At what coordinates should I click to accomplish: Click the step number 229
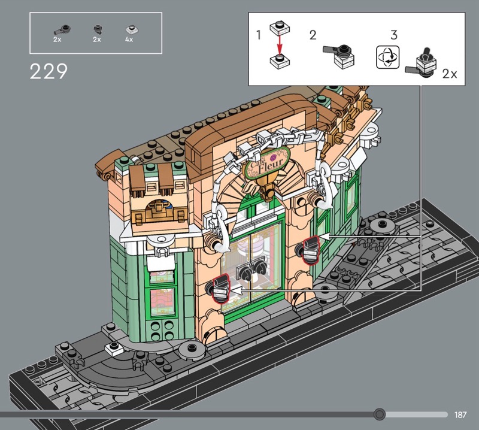pyautogui.click(x=48, y=71)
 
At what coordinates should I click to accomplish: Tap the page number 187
pyautogui.click(x=460, y=414)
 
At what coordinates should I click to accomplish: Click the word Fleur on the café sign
pyautogui.click(x=271, y=165)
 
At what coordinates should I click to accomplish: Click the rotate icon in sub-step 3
pyautogui.click(x=387, y=57)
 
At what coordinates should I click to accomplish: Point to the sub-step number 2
pyautogui.click(x=313, y=35)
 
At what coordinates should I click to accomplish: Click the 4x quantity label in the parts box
pyautogui.click(x=129, y=40)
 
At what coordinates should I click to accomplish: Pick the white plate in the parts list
pyautogui.click(x=132, y=30)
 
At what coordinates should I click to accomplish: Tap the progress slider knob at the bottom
pyautogui.click(x=380, y=414)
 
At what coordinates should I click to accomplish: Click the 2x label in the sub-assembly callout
pyautogui.click(x=450, y=74)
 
